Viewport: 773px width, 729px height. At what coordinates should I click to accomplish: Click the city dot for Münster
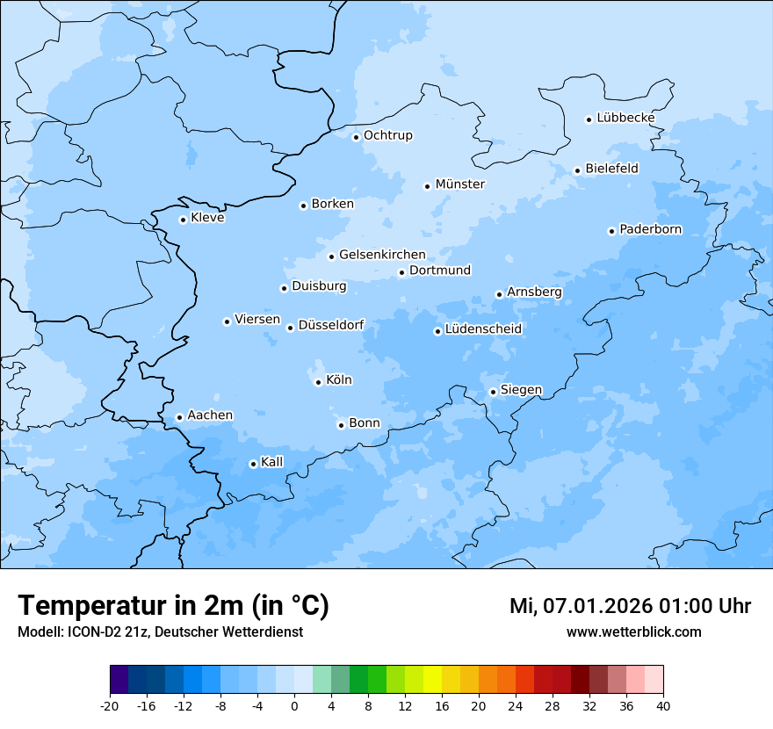[428, 186]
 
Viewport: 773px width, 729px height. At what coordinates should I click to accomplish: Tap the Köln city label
[339, 380]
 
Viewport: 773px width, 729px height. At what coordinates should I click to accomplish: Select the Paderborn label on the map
[650, 229]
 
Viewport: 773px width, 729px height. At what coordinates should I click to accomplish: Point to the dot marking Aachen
[179, 417]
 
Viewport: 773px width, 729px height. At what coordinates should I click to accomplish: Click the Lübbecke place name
[625, 118]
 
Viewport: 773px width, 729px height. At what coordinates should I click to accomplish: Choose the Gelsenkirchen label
[382, 255]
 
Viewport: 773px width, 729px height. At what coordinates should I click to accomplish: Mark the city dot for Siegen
[494, 392]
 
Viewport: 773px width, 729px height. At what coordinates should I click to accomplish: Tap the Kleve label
[207, 218]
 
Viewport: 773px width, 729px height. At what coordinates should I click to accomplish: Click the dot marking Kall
[253, 464]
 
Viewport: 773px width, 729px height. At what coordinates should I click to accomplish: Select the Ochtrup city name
[387, 135]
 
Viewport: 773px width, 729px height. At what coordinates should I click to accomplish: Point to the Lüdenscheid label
[483, 329]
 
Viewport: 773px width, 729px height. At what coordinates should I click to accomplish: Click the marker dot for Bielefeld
[578, 170]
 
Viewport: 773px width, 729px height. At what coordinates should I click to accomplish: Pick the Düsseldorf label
[331, 325]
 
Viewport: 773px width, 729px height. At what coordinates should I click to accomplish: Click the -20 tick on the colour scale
[110, 706]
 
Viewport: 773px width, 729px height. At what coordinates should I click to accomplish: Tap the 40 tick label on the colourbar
[663, 706]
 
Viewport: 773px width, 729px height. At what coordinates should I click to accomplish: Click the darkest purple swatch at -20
[119, 680]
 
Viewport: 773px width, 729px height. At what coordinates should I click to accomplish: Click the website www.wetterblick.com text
[633, 632]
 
